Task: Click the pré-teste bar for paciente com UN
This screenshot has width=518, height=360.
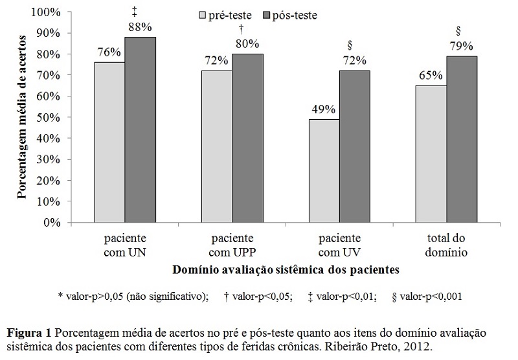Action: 109,142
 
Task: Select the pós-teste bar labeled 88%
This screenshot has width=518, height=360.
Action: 141,129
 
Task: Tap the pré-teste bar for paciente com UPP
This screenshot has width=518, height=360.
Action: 217,146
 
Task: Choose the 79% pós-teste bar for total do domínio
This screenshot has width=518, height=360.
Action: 462,139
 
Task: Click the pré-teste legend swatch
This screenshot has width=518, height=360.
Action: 201,14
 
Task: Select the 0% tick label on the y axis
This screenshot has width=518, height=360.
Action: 52,223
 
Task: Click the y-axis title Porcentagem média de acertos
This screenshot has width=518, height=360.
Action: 21,117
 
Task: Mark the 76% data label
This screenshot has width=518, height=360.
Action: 109,52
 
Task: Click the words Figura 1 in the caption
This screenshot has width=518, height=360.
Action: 29,332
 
